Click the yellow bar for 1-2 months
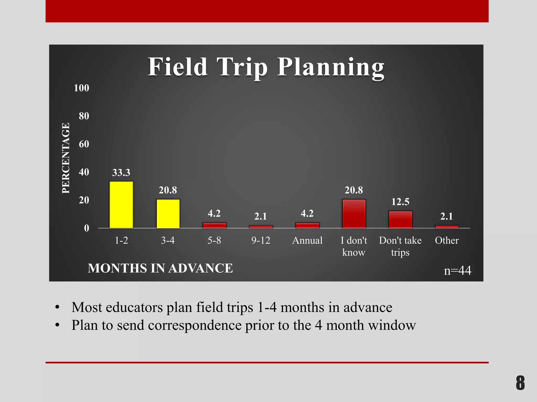pos(121,205)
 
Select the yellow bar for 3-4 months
pos(168,214)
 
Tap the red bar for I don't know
pos(354,214)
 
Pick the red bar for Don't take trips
pos(400,219)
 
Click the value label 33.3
pos(121,172)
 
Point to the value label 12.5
pos(400,202)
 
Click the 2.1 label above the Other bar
pos(447,216)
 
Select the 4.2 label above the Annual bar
pos(307,213)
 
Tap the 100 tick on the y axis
pos(82,88)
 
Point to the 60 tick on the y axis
pos(84,144)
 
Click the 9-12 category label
pos(261,240)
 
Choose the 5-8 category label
pos(214,240)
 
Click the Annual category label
pos(307,240)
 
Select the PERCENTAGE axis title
pos(66,158)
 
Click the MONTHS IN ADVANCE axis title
pos(160,268)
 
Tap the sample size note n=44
pos(457,270)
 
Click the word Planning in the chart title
pos(331,68)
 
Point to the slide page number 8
pos(520,383)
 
